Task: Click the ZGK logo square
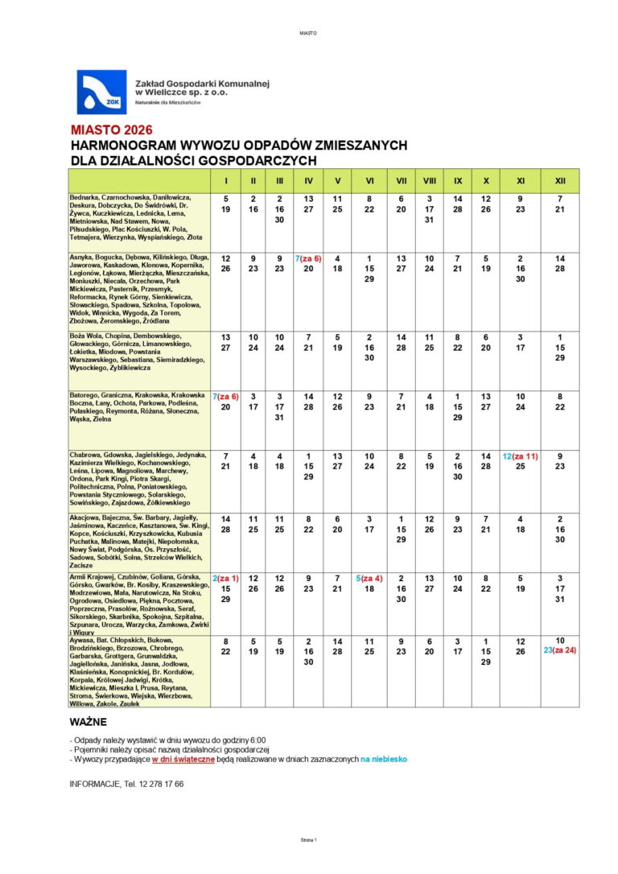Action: pos(101,92)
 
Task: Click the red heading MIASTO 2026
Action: pos(111,130)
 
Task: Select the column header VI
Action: pos(369,181)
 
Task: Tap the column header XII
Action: pos(560,181)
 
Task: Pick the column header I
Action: pos(226,181)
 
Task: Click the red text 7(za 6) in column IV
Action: pos(308,258)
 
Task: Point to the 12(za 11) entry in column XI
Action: pos(520,456)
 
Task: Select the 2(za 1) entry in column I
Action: pos(226,579)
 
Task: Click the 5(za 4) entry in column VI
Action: pos(369,579)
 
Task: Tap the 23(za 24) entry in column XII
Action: pos(560,650)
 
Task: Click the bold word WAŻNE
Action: pos(89,722)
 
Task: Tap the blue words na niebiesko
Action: pos(384,759)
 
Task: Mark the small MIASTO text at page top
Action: pos(308,34)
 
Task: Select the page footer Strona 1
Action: pos(308,839)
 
